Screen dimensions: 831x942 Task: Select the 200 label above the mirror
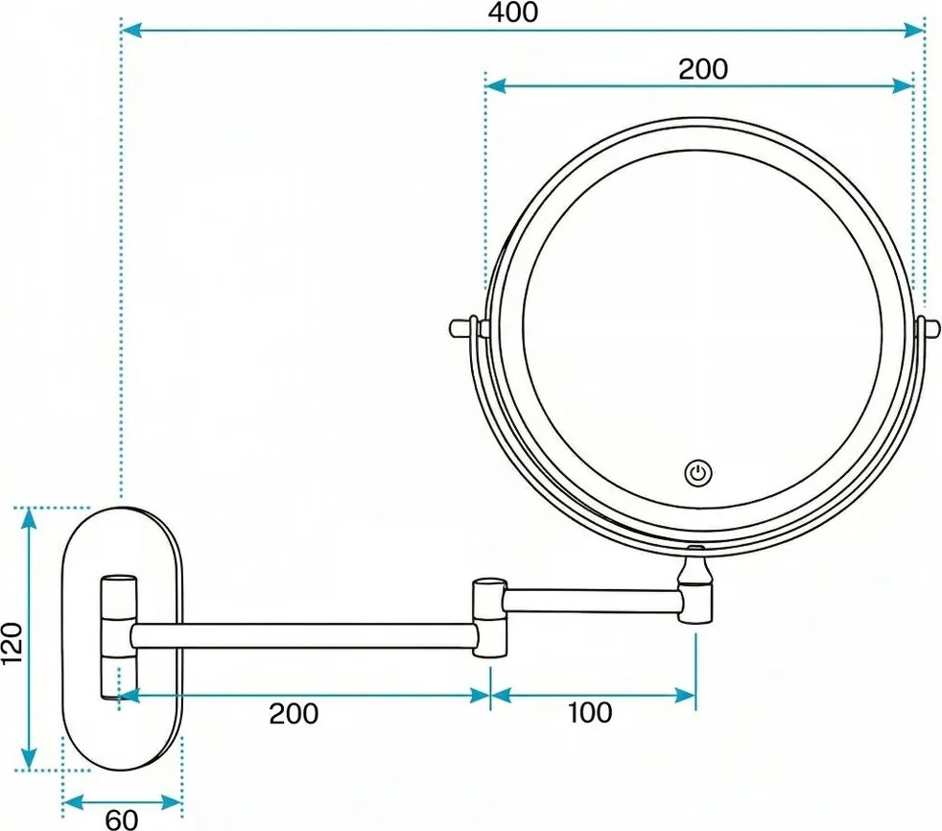click(702, 69)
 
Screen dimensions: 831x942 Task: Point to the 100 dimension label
click(589, 712)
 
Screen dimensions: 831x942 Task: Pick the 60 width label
click(121, 819)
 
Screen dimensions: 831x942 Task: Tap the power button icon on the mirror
click(698, 472)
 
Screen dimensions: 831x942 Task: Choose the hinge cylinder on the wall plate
click(120, 635)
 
